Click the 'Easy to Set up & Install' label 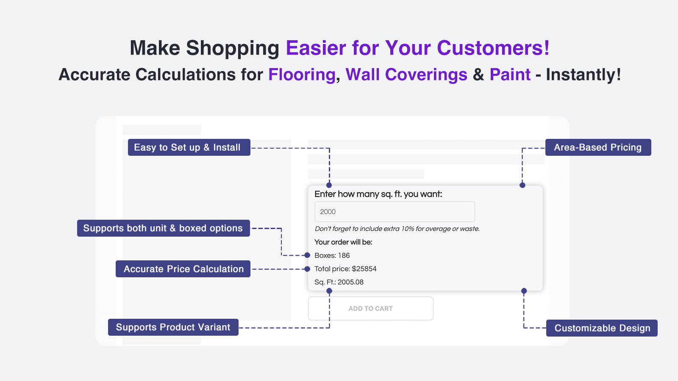click(x=189, y=147)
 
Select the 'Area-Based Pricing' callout click(x=598, y=147)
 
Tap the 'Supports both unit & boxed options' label click(x=164, y=228)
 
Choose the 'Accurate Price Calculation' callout click(x=183, y=269)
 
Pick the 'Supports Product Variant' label click(x=173, y=327)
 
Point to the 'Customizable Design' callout click(x=602, y=328)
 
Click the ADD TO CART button click(x=371, y=309)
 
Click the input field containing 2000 click(x=395, y=212)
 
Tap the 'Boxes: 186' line click(x=332, y=256)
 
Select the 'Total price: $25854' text click(x=345, y=269)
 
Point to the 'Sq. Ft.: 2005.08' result click(x=339, y=282)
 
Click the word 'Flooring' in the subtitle click(x=302, y=75)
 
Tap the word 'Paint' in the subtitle click(x=510, y=75)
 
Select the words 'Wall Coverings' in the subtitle click(x=406, y=75)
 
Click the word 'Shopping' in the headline click(x=233, y=48)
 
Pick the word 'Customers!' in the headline click(x=493, y=48)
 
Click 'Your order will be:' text click(x=343, y=242)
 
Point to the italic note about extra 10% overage click(x=397, y=229)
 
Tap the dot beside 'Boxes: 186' click(x=307, y=255)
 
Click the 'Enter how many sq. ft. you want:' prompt click(x=378, y=194)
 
